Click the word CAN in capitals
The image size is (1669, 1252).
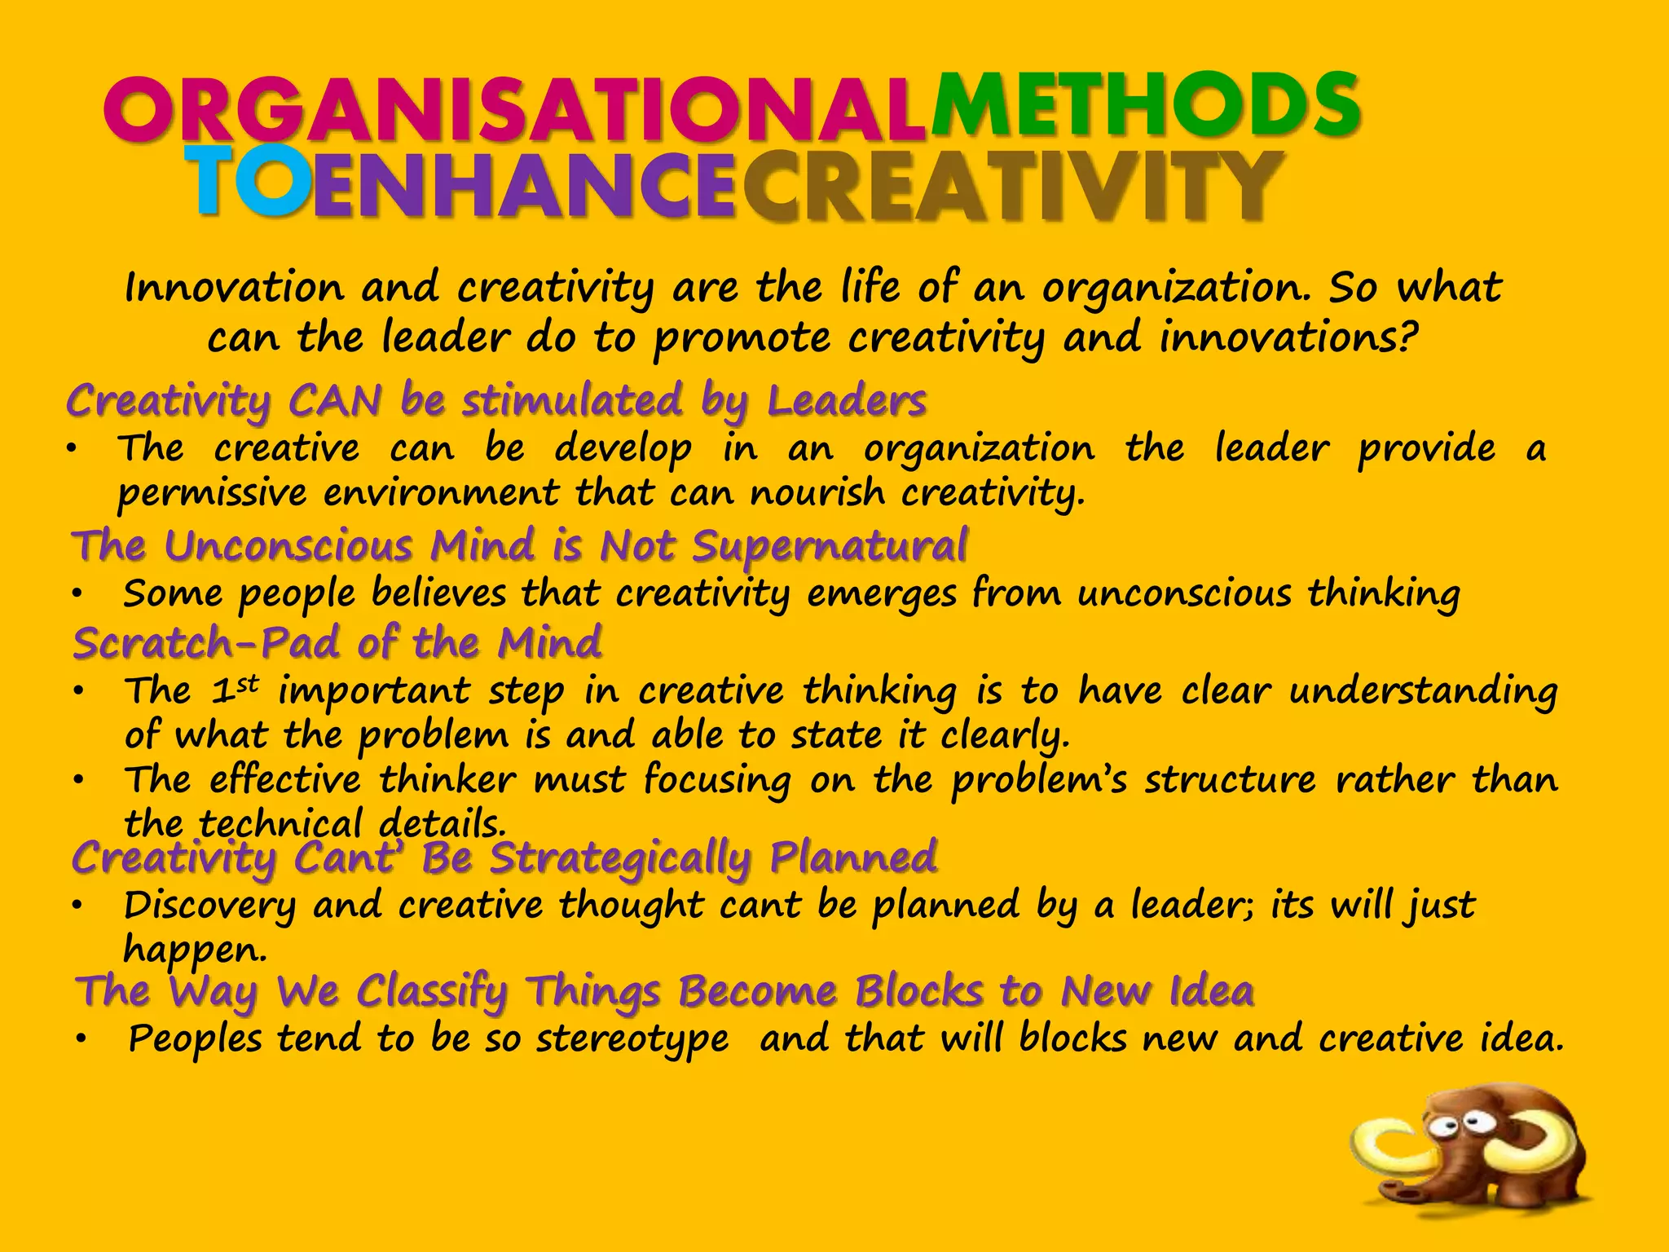(335, 401)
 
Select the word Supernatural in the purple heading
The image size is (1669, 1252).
(830, 546)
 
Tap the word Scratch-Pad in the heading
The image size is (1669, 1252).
(205, 643)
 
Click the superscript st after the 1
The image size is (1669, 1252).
(247, 683)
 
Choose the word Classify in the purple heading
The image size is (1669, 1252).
(432, 992)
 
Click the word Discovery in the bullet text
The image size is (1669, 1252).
(209, 906)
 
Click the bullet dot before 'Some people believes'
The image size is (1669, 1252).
(77, 595)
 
